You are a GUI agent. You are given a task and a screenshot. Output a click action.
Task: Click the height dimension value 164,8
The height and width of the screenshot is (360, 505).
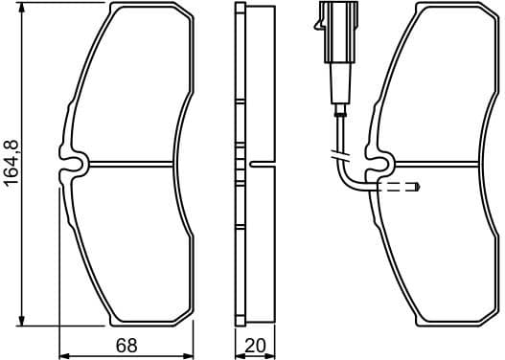tap(11, 162)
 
